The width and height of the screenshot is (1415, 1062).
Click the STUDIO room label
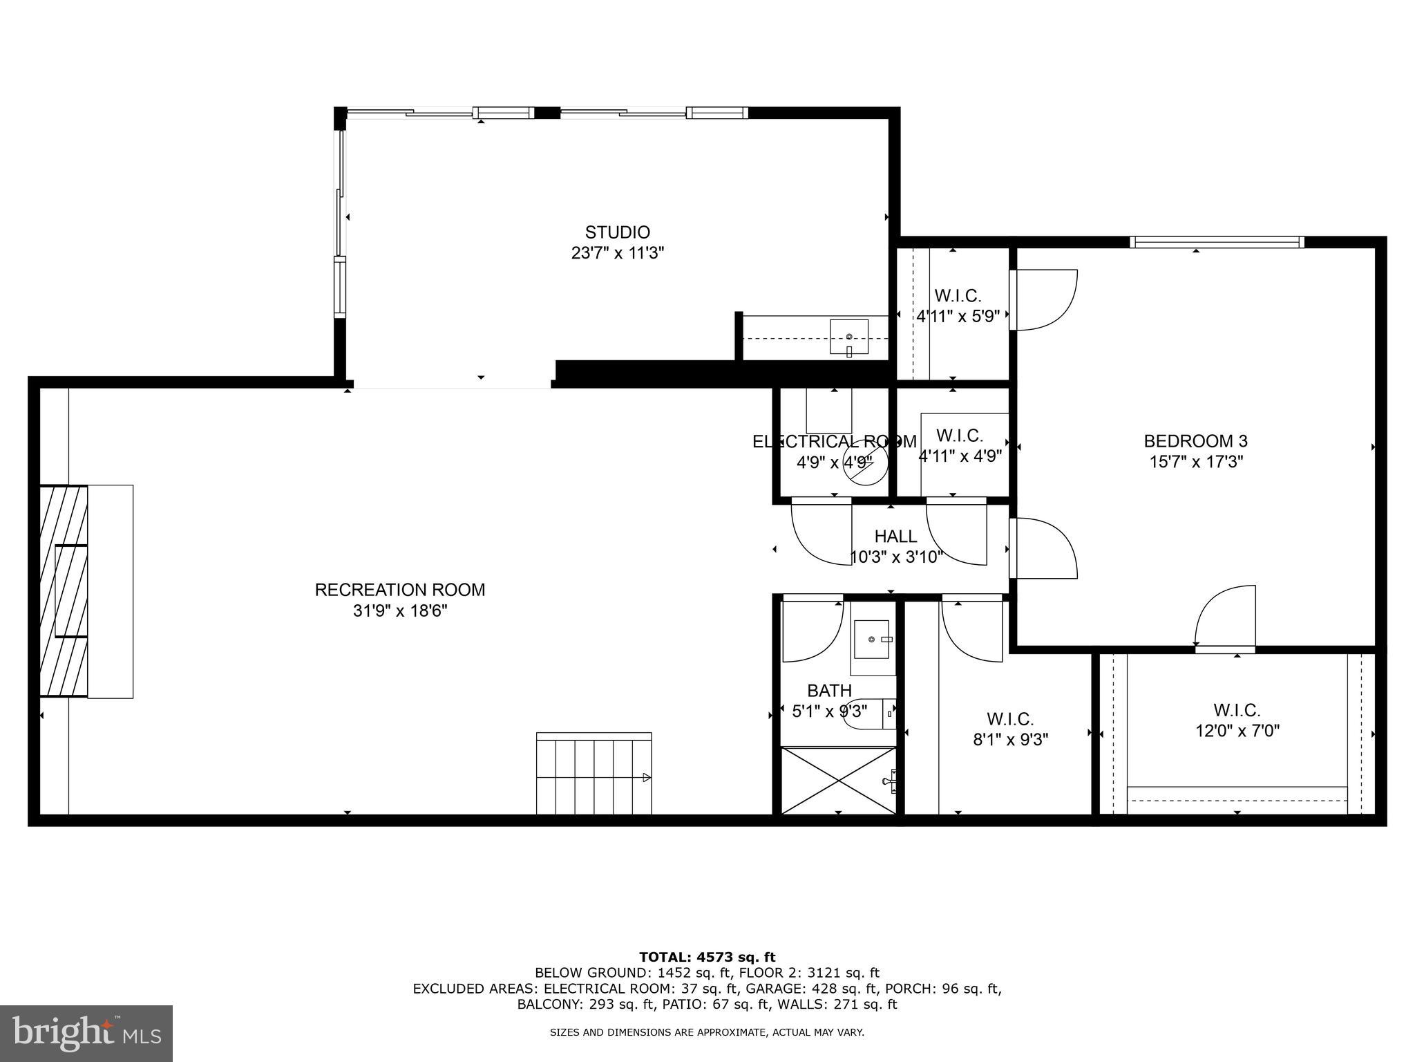pyautogui.click(x=617, y=232)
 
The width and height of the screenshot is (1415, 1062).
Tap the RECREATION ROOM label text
pyautogui.click(x=400, y=590)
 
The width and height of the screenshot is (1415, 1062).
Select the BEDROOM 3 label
pyautogui.click(x=1195, y=441)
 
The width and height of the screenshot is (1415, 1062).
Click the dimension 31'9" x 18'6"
pyautogui.click(x=400, y=611)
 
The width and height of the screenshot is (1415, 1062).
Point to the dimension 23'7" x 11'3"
pyautogui.click(x=617, y=253)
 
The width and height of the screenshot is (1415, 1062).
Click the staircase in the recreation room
pyautogui.click(x=593, y=774)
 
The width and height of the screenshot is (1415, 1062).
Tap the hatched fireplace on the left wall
pyautogui.click(x=63, y=591)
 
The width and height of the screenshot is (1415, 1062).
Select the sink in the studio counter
pyautogui.click(x=848, y=338)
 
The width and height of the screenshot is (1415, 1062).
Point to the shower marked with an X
pyautogui.click(x=837, y=781)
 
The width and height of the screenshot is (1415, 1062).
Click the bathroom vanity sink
pyautogui.click(x=873, y=640)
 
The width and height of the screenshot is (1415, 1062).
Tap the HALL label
pyautogui.click(x=895, y=537)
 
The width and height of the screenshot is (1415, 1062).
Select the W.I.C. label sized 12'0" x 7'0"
pyautogui.click(x=1237, y=710)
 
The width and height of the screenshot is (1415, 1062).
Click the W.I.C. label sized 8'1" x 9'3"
pyautogui.click(x=1009, y=719)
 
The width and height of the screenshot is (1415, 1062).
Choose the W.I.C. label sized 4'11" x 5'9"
pyautogui.click(x=958, y=296)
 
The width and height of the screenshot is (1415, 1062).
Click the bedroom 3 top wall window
pyautogui.click(x=1216, y=242)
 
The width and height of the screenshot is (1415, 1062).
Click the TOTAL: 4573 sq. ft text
pyautogui.click(x=707, y=957)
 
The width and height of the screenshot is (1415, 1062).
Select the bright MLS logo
pyautogui.click(x=86, y=1033)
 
